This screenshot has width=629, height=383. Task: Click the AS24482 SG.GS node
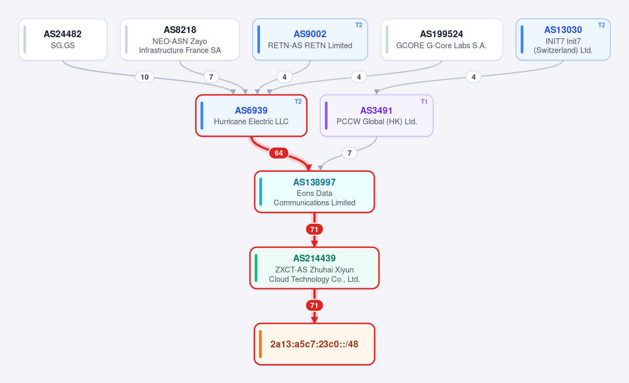click(x=63, y=39)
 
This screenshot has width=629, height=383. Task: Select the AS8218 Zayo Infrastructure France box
click(x=180, y=39)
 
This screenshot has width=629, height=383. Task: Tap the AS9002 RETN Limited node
click(x=310, y=39)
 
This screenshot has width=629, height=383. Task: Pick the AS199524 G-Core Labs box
click(x=442, y=39)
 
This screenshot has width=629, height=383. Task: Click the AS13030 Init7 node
click(x=563, y=39)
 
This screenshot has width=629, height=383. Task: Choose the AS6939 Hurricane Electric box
click(x=251, y=116)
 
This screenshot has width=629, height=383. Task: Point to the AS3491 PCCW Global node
click(x=376, y=116)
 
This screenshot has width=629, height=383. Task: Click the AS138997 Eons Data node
click(x=314, y=192)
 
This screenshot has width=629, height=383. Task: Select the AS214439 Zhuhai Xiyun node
click(x=314, y=268)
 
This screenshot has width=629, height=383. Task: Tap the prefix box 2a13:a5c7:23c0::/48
click(x=314, y=344)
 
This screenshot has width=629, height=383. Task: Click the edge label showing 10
click(x=145, y=77)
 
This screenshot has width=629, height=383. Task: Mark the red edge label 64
click(x=278, y=153)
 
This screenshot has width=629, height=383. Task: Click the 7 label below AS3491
click(x=349, y=153)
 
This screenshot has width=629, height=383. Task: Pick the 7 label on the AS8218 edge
click(x=211, y=77)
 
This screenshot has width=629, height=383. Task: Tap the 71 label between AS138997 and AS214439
click(x=314, y=229)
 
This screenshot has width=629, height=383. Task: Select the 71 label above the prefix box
click(x=314, y=305)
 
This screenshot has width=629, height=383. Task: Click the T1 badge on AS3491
click(x=424, y=102)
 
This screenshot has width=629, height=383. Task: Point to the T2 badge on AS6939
click(x=298, y=102)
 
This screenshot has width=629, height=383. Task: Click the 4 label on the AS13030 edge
click(x=473, y=77)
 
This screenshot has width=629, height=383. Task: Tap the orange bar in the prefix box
click(x=261, y=344)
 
